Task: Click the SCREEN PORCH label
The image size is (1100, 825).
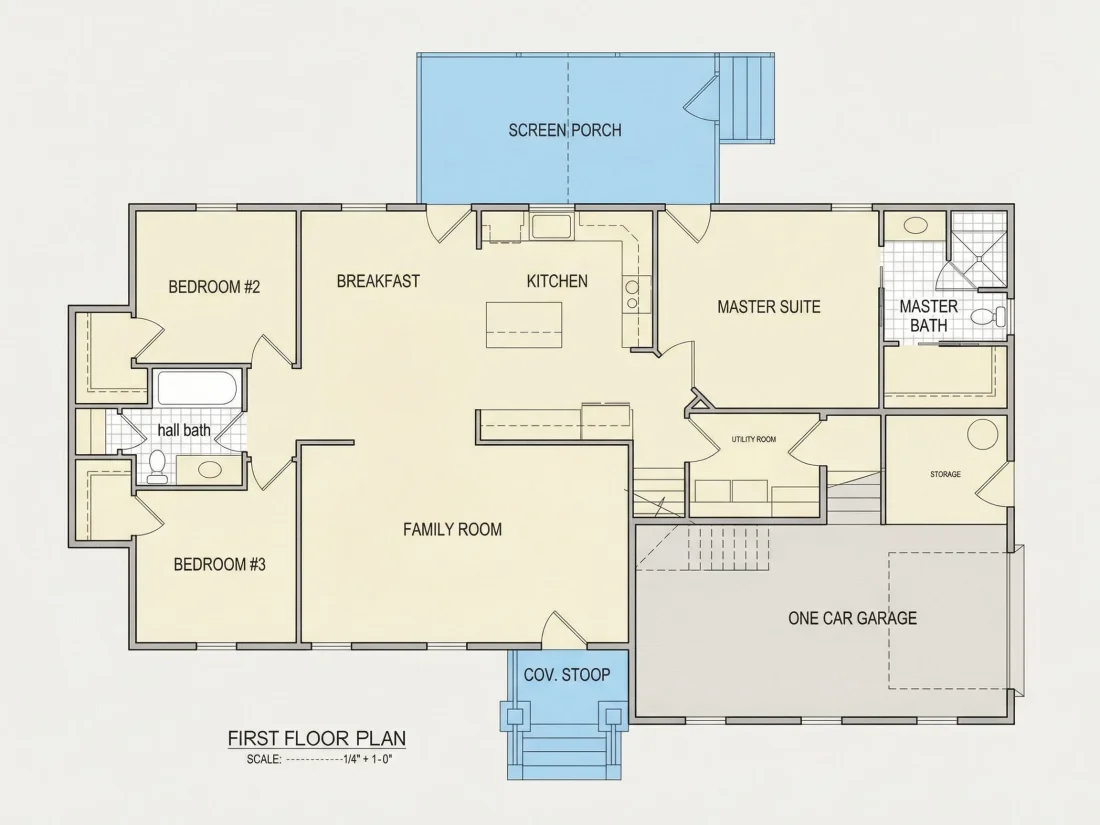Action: [565, 130]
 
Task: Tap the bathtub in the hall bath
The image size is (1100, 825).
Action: [198, 388]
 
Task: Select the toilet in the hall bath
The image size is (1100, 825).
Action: [158, 468]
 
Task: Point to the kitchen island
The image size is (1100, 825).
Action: [524, 325]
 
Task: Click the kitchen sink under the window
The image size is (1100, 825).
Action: [551, 227]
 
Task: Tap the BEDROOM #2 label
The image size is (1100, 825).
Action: [214, 287]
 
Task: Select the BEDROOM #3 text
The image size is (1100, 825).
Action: [220, 564]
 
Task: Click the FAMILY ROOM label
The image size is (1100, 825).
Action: [452, 529]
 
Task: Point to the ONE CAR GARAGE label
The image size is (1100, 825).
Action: [852, 618]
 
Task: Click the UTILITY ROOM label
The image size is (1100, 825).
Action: [753, 439]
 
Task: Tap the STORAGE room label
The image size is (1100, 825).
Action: [945, 474]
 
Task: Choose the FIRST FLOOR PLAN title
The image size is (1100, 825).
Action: [317, 738]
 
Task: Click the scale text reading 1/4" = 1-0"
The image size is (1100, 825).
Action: [368, 759]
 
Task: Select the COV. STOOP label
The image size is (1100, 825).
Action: [567, 675]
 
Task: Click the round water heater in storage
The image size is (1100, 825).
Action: [982, 434]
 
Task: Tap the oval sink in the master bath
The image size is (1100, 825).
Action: [915, 226]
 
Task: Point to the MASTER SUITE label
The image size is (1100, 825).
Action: [769, 307]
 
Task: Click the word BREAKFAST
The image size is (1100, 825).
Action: [378, 281]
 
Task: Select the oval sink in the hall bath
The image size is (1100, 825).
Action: [209, 469]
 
